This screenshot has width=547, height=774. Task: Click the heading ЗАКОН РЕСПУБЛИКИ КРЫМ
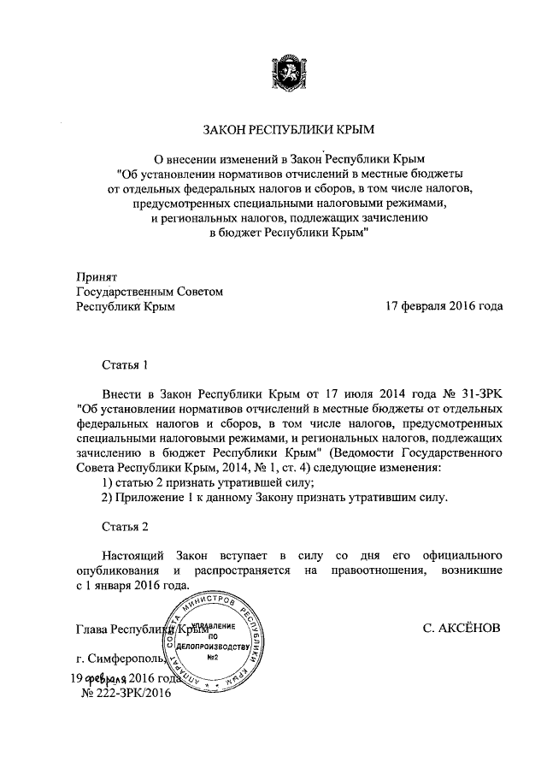point(289,131)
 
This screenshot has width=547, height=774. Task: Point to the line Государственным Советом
point(150,292)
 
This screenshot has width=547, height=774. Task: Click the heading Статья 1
point(125,363)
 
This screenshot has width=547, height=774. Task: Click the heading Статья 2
point(125,525)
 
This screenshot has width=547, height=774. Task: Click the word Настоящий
point(133,555)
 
